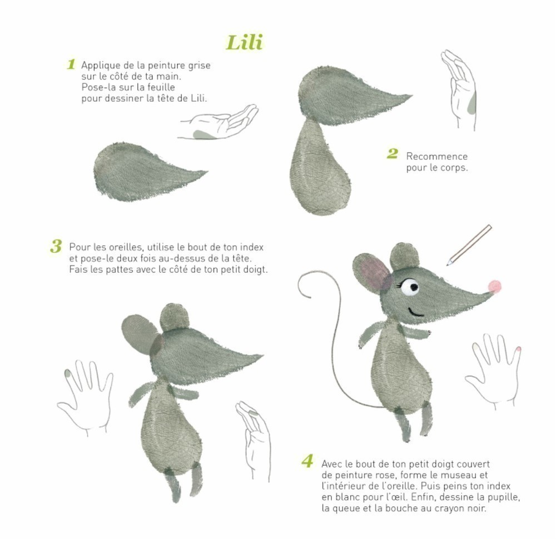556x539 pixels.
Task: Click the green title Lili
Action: click(x=244, y=43)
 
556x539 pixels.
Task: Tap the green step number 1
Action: click(x=71, y=64)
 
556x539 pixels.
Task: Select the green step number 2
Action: click(x=393, y=153)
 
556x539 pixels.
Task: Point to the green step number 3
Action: click(x=56, y=246)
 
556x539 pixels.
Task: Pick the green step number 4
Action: click(x=307, y=461)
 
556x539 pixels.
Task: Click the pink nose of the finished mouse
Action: click(x=494, y=286)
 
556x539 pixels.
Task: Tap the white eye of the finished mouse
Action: click(x=410, y=287)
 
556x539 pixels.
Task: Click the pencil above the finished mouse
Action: click(x=469, y=245)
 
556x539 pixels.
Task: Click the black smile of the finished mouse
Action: click(x=415, y=312)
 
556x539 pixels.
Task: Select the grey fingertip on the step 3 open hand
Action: click(x=67, y=372)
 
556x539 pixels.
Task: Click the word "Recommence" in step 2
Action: click(x=436, y=156)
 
